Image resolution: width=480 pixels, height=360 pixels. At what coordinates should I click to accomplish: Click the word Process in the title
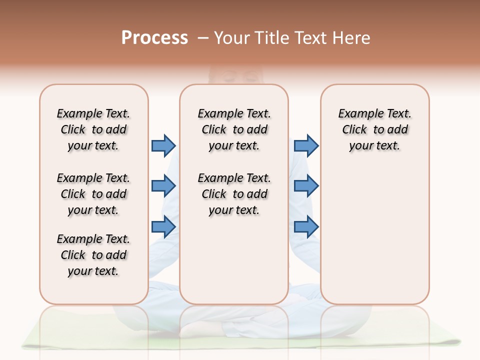coord(154,37)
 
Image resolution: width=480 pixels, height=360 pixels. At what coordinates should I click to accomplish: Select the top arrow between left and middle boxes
coord(163,145)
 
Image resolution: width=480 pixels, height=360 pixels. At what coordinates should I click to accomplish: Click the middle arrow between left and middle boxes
coord(163,186)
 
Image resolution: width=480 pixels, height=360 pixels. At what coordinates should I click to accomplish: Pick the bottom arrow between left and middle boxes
coord(163,227)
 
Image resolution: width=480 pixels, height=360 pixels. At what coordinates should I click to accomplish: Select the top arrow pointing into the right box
coord(306,145)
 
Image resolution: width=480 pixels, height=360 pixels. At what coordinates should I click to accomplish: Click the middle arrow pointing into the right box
coord(306,186)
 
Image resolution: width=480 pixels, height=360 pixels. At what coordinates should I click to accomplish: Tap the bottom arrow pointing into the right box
coord(306,227)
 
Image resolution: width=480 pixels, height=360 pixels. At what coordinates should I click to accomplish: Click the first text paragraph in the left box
coord(93,129)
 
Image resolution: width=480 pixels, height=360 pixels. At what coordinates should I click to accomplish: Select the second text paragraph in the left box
coord(93,194)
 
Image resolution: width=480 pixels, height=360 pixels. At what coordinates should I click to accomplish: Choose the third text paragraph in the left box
coord(93,255)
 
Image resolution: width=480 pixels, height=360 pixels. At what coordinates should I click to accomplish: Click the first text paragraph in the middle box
coord(234,129)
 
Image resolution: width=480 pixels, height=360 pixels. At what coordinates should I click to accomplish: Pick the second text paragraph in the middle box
coord(234,194)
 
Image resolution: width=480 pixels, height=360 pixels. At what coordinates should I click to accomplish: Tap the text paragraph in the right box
coord(374,129)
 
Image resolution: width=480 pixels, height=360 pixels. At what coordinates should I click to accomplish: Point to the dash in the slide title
coord(203,37)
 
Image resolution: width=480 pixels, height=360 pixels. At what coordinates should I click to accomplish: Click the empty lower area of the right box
coord(374,240)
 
